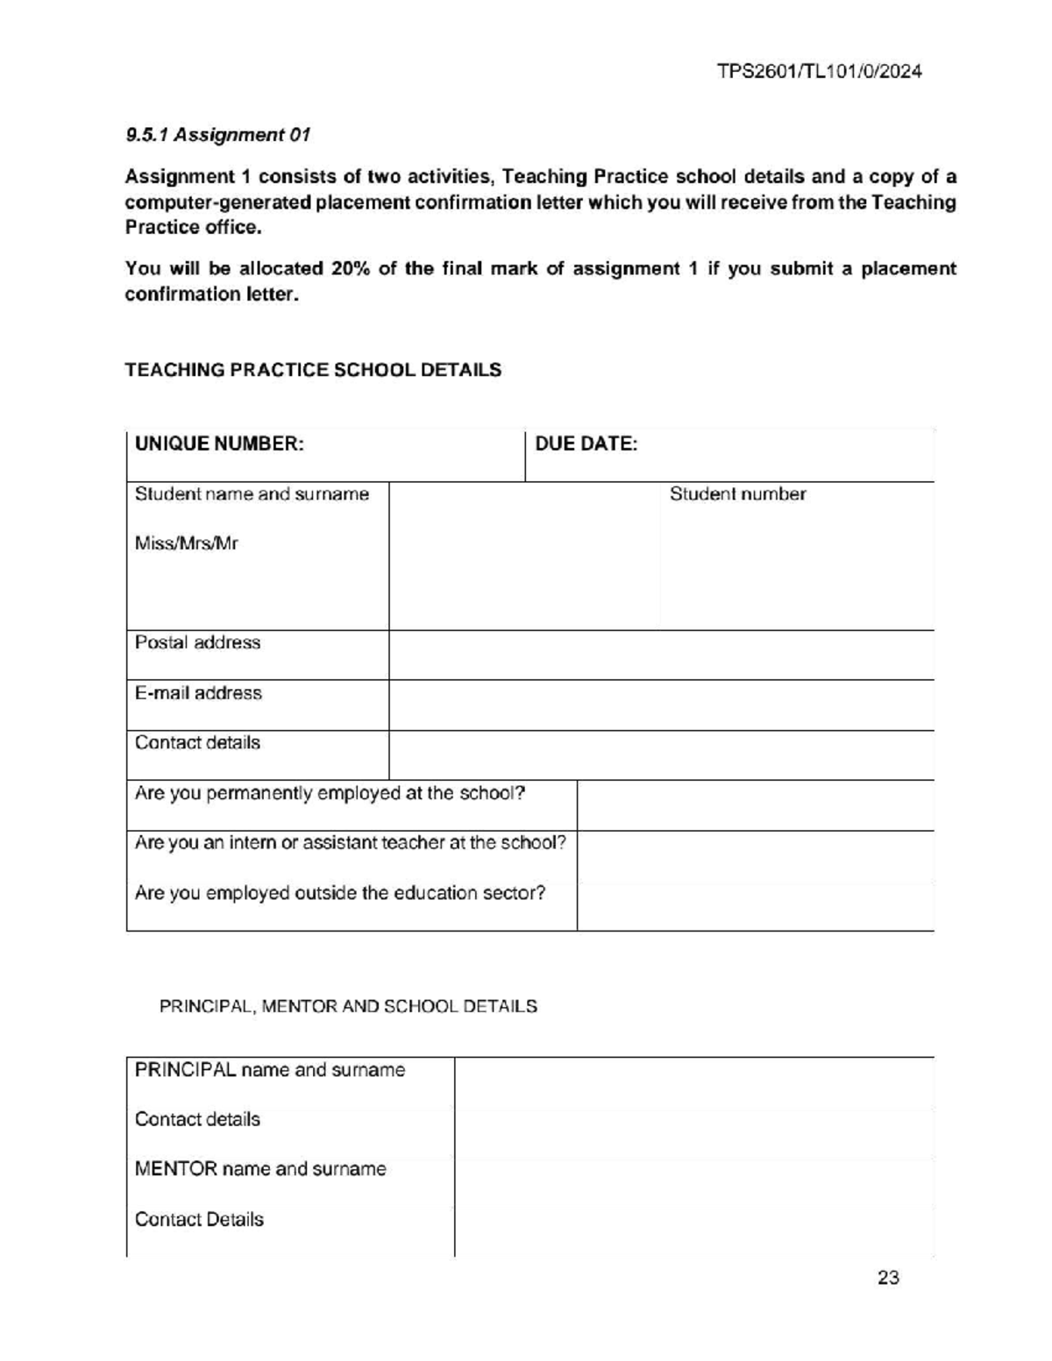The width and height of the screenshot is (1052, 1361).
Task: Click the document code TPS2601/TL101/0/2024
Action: point(820,72)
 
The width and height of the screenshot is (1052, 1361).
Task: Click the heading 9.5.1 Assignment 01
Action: point(217,135)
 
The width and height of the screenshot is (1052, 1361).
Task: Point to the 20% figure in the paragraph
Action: point(351,269)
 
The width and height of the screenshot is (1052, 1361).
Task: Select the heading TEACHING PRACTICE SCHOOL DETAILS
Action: point(313,370)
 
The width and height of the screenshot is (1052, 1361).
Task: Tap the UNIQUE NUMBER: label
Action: point(219,444)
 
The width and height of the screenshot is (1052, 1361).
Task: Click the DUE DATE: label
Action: point(586,444)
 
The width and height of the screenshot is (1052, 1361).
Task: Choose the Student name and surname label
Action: point(252,494)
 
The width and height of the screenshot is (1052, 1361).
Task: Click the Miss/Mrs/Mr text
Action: point(186,543)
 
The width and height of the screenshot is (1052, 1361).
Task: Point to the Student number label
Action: point(737,494)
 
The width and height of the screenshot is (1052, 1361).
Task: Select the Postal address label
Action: point(197,642)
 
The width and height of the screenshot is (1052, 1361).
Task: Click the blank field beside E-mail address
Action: point(661,705)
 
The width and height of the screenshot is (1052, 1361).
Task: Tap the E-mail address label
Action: point(198,693)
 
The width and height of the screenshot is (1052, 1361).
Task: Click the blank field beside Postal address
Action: point(661,655)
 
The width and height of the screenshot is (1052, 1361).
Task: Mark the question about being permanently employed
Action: point(330,794)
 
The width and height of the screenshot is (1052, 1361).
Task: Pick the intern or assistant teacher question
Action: point(350,843)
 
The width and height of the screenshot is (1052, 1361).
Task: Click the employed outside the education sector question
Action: point(340,893)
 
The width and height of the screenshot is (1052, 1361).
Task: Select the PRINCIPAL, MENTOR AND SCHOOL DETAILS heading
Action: point(348,1006)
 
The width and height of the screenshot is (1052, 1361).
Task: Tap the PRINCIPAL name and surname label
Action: point(270,1070)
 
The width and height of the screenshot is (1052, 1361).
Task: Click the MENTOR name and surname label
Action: point(260,1169)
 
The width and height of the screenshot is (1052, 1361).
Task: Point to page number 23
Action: point(888,1278)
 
